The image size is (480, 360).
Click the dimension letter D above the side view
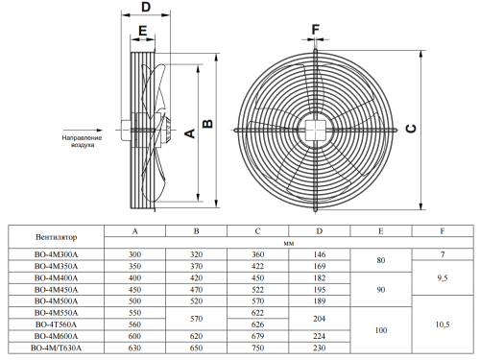146,7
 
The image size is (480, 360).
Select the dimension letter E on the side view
143,31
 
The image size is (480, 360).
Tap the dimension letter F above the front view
316,30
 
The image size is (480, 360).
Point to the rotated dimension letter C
411,129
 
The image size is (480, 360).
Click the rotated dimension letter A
190,133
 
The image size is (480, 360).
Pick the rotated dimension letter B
207,124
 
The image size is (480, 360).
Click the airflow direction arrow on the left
83,131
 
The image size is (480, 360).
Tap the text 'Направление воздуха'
82,141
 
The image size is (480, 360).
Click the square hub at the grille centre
316,131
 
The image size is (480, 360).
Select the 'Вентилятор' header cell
57,237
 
